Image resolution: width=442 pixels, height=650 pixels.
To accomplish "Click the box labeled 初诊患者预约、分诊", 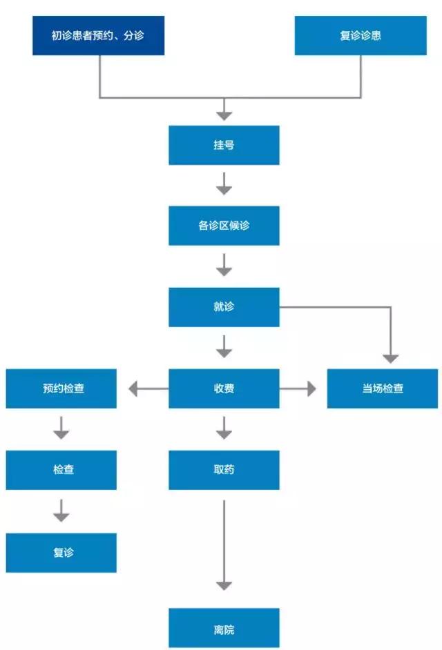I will (x=98, y=35).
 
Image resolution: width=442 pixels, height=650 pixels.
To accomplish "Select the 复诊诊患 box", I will (x=360, y=35).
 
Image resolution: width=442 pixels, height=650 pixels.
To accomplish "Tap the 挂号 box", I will (x=224, y=145).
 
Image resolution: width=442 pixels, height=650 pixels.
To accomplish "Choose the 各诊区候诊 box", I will (x=224, y=226).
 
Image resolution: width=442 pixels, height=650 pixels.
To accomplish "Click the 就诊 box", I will (x=224, y=306).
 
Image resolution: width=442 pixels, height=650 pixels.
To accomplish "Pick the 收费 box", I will (x=224, y=388).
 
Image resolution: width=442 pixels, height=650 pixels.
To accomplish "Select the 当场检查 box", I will (x=383, y=388).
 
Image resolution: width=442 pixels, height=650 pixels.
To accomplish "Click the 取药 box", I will (x=224, y=470).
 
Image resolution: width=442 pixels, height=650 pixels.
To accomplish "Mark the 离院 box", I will (x=224, y=629).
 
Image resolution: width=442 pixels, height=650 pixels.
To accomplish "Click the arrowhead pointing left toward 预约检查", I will (x=134, y=390).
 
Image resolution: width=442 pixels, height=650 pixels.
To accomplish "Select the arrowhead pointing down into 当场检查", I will (x=390, y=357).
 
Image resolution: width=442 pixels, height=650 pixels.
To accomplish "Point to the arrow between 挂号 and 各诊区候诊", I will (x=224, y=185).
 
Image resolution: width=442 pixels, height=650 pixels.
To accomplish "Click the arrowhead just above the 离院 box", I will (x=224, y=585).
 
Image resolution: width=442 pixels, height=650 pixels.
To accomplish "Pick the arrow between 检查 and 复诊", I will (x=61, y=511).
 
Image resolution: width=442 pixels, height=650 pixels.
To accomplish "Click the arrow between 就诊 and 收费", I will (x=224, y=347).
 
